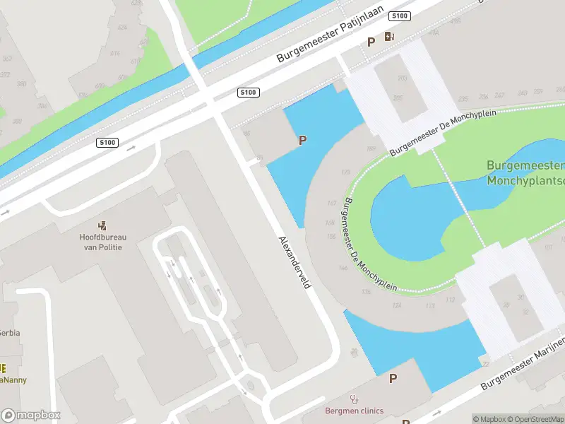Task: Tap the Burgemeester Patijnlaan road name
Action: click(x=330, y=34)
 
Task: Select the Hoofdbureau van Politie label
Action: click(x=101, y=242)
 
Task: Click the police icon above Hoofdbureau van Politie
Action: click(x=103, y=226)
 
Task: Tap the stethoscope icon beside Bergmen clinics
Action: click(x=353, y=399)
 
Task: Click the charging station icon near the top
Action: click(x=389, y=37)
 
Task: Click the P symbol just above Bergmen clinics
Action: click(x=393, y=379)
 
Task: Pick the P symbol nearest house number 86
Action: click(x=302, y=140)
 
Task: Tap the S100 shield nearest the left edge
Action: click(x=107, y=143)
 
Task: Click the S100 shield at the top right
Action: click(x=400, y=16)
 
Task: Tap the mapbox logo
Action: click(x=31, y=415)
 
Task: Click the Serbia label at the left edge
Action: click(x=9, y=332)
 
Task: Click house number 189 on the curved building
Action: click(x=371, y=148)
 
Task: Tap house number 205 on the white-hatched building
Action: click(x=400, y=98)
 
